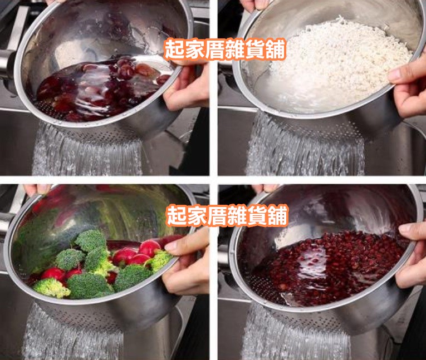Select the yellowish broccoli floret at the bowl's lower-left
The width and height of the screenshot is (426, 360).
tap(51, 287)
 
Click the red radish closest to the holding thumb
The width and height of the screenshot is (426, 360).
tap(150, 248)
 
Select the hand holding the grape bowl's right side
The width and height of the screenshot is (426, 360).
tap(187, 89)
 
